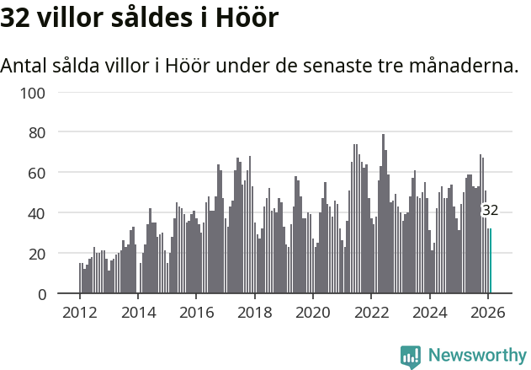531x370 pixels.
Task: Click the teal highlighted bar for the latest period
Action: pos(491,261)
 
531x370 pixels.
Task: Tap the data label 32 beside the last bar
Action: pos(490,211)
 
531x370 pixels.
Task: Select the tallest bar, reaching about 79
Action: pos(383,214)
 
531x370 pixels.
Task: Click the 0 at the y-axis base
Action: pos(40,294)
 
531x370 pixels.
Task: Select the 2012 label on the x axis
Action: pos(80,312)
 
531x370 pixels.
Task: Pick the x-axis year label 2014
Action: pos(138,312)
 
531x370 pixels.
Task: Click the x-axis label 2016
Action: pos(196,312)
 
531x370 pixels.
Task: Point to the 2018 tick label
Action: pos(254,312)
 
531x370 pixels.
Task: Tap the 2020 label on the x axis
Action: pos(312,312)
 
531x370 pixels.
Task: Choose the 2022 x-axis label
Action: pos(371,312)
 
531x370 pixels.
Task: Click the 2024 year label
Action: pos(429,312)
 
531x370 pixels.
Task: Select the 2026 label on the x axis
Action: pos(487,312)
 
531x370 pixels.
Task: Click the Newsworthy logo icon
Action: pos(411,357)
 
